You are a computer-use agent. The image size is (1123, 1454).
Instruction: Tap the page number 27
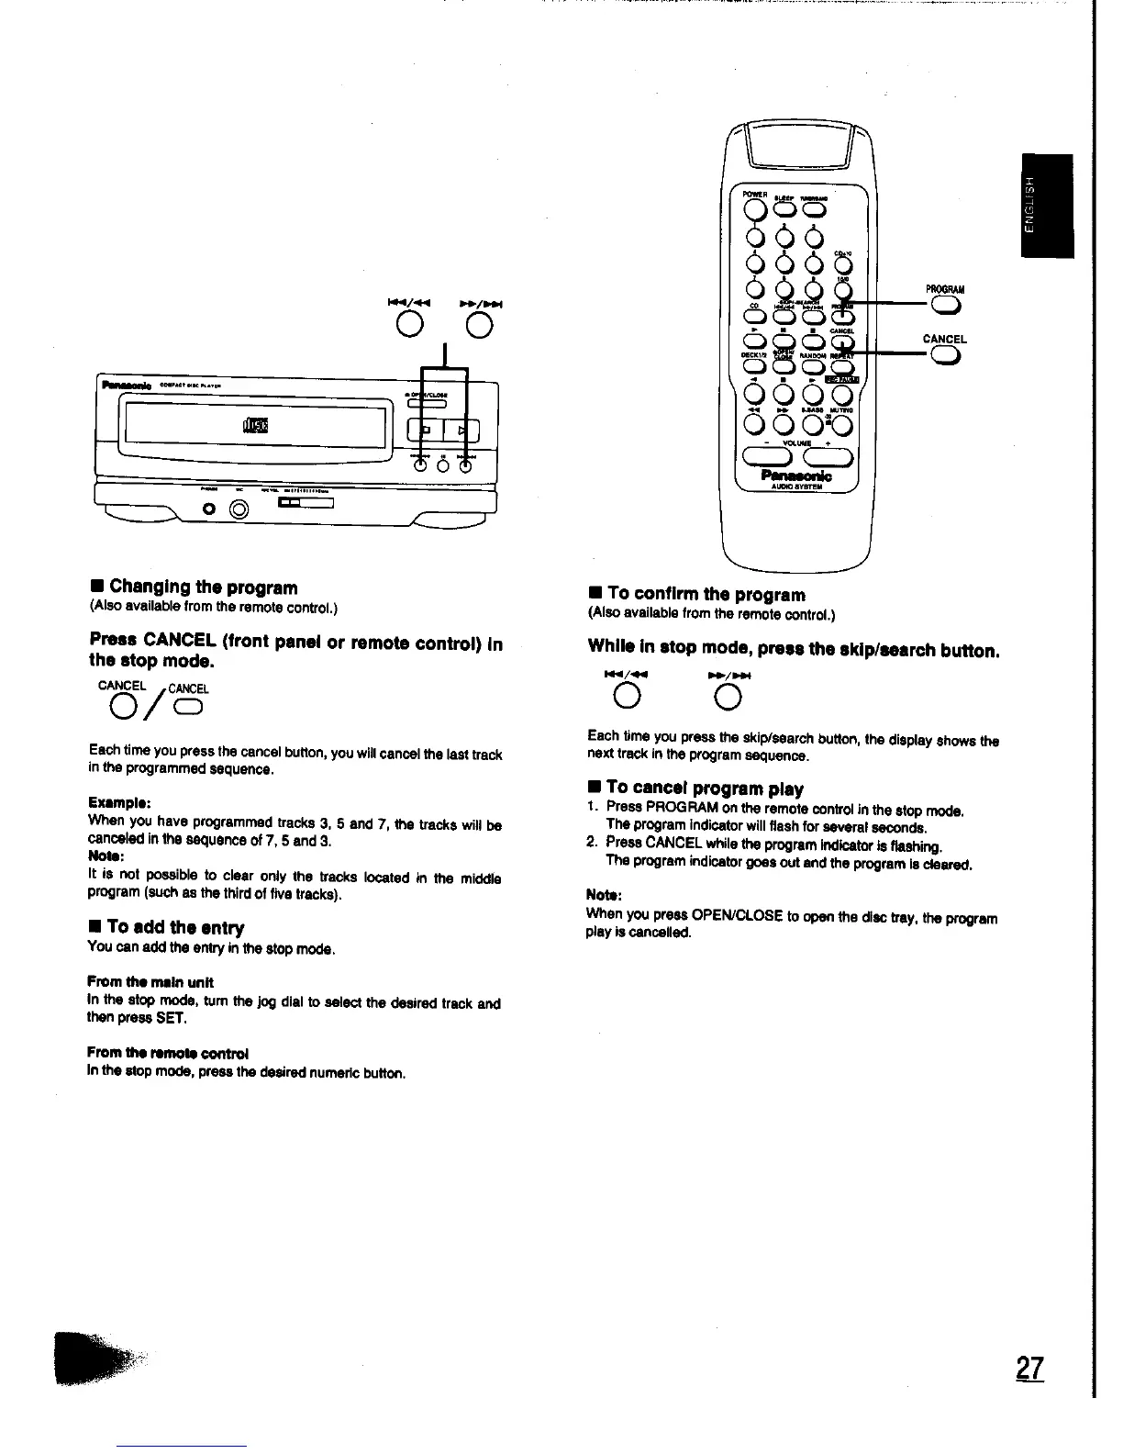pos(1030,1369)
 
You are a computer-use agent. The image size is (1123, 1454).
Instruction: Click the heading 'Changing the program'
pos(203,587)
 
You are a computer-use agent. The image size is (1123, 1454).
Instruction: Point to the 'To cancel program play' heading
pos(704,789)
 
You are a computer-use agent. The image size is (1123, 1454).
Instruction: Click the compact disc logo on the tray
pos(252,425)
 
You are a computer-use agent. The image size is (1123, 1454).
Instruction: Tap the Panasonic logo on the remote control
pos(796,475)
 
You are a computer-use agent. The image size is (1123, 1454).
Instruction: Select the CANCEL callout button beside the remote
pos(944,357)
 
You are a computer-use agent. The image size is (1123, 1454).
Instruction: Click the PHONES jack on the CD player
pos(210,509)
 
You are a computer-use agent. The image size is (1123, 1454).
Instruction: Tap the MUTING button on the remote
pos(841,424)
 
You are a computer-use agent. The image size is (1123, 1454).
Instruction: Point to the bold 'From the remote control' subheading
pos(168,1053)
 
